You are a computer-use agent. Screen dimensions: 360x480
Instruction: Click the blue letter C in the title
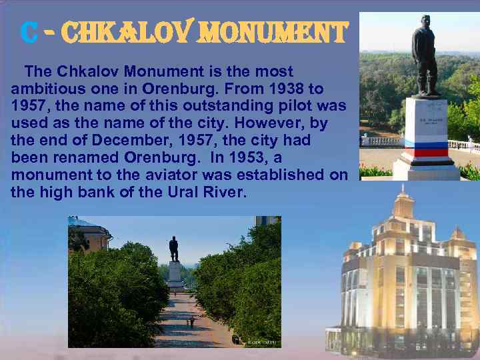click(x=28, y=32)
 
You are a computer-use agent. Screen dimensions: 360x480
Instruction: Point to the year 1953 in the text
click(x=234, y=159)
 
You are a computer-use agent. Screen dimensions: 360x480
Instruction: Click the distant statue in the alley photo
click(x=174, y=249)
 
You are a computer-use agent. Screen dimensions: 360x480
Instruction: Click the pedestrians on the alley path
click(x=191, y=322)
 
